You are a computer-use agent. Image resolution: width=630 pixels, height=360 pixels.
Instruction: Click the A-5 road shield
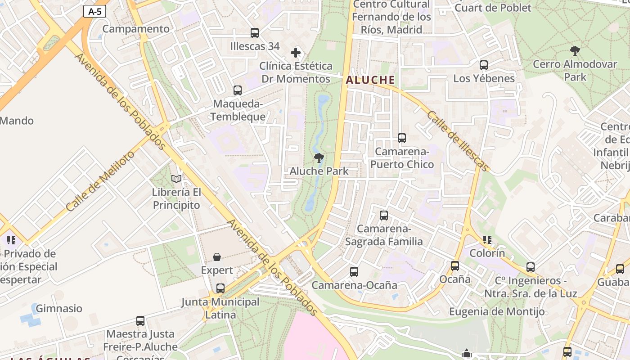(x=94, y=12)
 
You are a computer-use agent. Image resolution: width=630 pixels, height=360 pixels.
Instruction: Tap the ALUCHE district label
(x=370, y=80)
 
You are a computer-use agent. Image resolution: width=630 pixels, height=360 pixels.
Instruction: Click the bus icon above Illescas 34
(x=255, y=33)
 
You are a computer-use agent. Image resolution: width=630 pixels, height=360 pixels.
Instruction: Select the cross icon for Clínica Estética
(x=296, y=53)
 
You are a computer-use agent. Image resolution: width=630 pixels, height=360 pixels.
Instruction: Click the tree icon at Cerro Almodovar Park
(x=575, y=50)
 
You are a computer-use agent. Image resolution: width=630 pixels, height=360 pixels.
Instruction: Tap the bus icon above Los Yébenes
(x=484, y=65)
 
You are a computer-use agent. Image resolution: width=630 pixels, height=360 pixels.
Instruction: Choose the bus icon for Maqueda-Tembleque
(x=238, y=90)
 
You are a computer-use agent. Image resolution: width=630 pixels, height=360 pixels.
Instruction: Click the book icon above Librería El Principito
(x=176, y=179)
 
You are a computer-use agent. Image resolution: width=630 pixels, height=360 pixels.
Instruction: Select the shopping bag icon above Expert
(x=217, y=257)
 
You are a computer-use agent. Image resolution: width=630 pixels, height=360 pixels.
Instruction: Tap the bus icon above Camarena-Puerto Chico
(x=402, y=138)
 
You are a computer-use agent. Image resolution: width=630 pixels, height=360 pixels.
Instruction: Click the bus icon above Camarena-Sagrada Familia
(x=384, y=216)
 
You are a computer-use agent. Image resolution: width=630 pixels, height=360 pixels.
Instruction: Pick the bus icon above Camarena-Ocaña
(x=354, y=272)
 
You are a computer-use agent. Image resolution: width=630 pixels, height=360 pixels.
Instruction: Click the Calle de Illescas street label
(x=458, y=141)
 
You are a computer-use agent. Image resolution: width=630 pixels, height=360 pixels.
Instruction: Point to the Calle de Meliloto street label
(x=100, y=181)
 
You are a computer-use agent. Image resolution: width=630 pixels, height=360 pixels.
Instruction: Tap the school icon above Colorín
(x=487, y=240)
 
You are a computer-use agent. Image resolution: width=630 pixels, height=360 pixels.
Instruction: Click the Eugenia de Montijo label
(x=497, y=311)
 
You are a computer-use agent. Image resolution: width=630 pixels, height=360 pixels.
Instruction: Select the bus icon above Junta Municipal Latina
(x=220, y=288)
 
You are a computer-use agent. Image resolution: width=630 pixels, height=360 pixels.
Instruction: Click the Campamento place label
(x=136, y=29)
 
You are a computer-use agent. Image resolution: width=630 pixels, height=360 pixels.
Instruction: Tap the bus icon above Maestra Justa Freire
(x=140, y=321)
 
